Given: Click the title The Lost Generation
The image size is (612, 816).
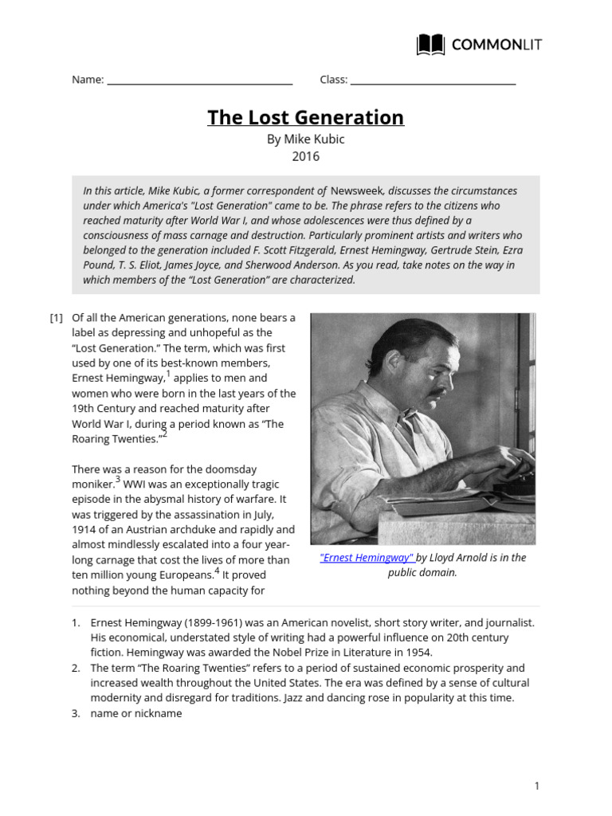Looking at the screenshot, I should [305, 117].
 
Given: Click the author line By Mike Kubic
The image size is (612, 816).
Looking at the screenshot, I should [305, 139].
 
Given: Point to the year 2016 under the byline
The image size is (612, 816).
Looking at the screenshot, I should [305, 156].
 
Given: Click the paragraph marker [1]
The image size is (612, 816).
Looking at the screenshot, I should [56, 318].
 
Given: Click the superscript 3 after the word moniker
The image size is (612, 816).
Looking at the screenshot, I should [118, 480].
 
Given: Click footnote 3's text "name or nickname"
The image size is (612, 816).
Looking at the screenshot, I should [136, 713].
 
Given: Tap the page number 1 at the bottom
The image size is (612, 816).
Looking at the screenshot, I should [537, 787].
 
